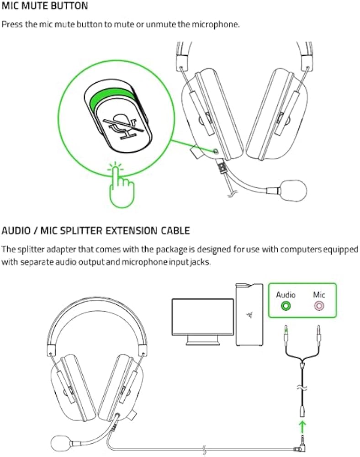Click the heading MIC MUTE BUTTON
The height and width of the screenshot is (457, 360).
point(45,6)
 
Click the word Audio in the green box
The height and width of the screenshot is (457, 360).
point(286,295)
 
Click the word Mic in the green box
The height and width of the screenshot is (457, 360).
point(319,295)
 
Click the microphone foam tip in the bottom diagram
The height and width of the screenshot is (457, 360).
point(60,443)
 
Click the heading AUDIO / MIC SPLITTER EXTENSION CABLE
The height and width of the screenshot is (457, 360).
point(95,230)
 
